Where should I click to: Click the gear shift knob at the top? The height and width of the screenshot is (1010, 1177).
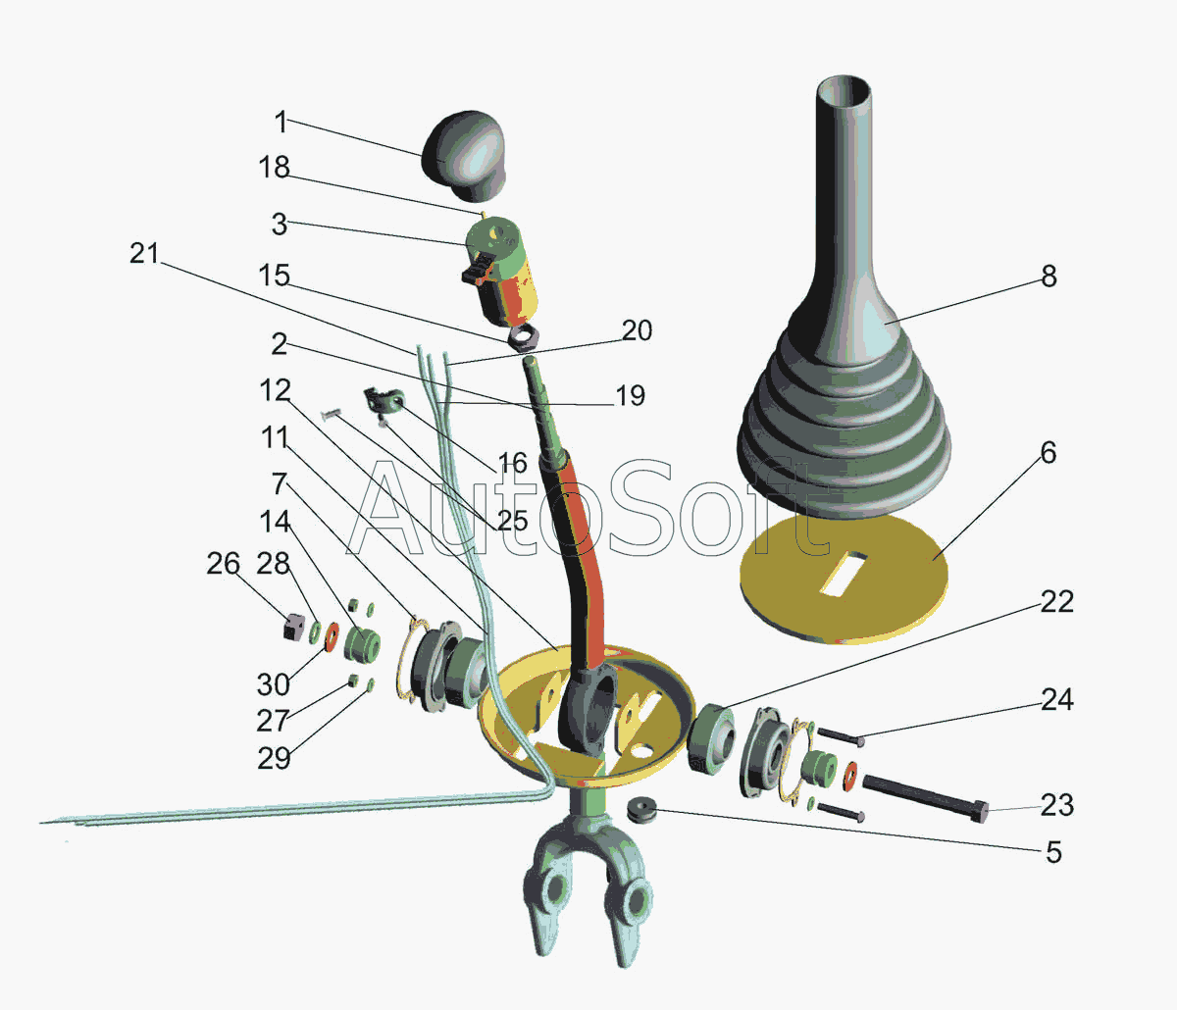pos(464,156)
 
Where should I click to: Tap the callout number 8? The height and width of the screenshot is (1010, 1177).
pos(1049,277)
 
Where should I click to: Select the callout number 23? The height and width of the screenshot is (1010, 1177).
pos(1057,805)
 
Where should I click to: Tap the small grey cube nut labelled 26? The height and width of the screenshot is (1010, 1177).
pos(294,627)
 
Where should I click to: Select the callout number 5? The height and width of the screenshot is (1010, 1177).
pos(1054,852)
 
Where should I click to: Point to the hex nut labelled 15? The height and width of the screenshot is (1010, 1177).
pos(522,338)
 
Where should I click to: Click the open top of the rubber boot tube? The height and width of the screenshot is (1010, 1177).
pos(844,91)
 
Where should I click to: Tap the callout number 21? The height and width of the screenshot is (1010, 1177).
pos(144,253)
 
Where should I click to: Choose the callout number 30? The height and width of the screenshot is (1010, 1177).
pos(274,684)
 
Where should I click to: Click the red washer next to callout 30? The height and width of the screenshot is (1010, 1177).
pos(332,637)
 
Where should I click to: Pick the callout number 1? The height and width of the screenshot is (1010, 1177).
pos(281,122)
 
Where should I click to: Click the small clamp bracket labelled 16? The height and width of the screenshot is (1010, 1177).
pos(384,400)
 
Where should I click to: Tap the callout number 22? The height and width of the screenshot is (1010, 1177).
pos(1057,602)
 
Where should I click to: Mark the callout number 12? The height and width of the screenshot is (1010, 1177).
pos(275,391)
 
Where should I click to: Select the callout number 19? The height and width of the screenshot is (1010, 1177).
pos(630,396)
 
